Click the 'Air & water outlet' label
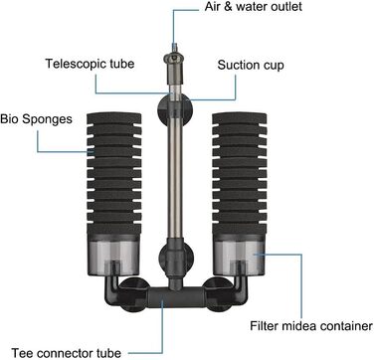(x=254, y=7)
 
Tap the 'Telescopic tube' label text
(x=90, y=64)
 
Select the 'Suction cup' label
(x=251, y=65)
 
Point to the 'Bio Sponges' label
(x=36, y=119)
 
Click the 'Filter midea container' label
(x=311, y=325)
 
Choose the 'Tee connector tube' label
(x=67, y=353)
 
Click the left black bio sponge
(x=114, y=173)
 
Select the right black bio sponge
(x=240, y=173)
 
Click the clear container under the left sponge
(x=113, y=255)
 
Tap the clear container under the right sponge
(x=239, y=255)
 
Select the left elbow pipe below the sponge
(x=110, y=289)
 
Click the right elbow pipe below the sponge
(x=240, y=289)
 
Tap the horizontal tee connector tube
(x=176, y=296)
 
